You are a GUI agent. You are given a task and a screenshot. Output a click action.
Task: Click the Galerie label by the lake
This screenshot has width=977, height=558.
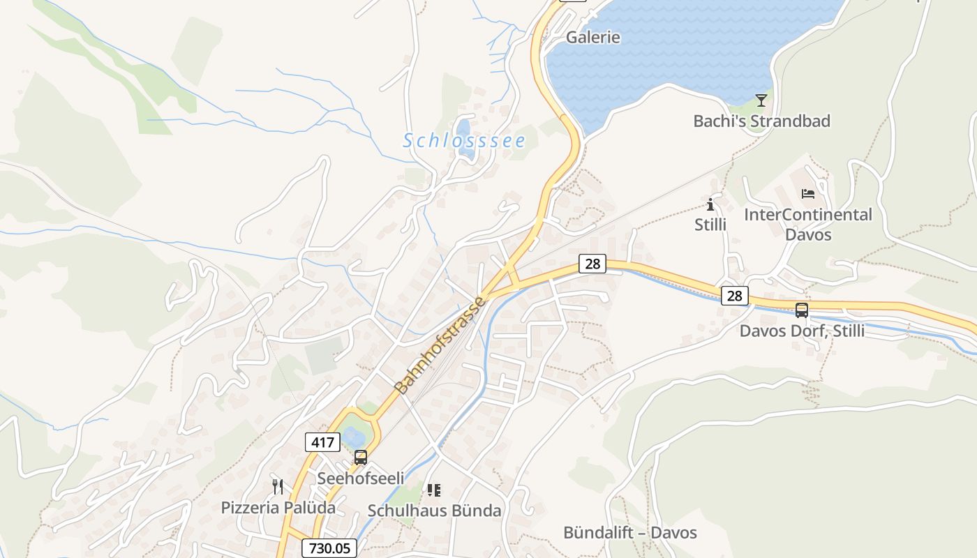click(592, 37)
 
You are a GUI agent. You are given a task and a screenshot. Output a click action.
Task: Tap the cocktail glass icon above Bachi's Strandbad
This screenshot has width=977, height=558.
click(761, 100)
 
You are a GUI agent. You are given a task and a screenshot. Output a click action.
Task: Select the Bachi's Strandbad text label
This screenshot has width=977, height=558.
click(761, 121)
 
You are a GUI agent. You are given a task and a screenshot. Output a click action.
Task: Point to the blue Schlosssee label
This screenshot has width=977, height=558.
click(464, 141)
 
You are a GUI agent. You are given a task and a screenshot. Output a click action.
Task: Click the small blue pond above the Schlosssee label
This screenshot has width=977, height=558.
click(463, 129)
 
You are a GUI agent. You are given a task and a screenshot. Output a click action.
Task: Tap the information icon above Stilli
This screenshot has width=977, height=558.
click(710, 204)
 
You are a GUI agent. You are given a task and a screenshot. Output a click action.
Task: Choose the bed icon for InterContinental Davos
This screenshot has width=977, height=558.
click(808, 194)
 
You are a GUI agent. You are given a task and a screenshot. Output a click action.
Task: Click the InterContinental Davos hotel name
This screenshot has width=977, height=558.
click(808, 225)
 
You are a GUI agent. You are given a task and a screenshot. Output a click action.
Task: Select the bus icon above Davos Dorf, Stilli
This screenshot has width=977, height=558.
click(802, 310)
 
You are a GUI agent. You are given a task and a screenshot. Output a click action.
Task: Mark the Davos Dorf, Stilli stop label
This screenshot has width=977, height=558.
click(802, 331)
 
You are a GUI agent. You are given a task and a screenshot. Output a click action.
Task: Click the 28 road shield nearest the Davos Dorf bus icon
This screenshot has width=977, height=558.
click(734, 296)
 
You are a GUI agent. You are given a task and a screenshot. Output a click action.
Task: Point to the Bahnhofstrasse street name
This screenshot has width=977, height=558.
click(439, 345)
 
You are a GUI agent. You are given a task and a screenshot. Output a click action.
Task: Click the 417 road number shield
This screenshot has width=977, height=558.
click(322, 442)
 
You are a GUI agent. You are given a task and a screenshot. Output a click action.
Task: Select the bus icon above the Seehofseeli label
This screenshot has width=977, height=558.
click(361, 458)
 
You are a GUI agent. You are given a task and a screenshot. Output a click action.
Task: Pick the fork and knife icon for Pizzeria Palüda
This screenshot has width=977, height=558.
click(278, 486)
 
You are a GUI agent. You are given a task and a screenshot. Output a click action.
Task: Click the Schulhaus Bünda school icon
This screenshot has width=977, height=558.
click(434, 490)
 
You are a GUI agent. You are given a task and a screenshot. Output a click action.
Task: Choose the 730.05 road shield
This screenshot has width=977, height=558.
click(329, 548)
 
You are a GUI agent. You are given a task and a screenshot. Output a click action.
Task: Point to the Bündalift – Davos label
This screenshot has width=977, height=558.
click(629, 533)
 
